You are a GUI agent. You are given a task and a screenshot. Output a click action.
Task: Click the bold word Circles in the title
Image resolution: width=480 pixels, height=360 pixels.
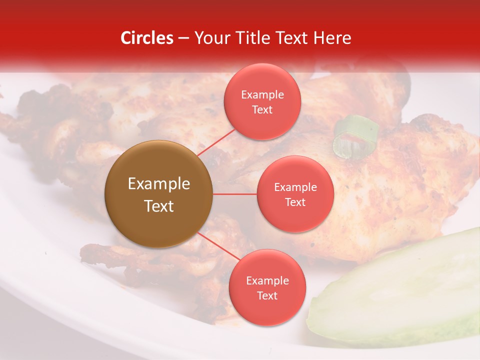pos(147,38)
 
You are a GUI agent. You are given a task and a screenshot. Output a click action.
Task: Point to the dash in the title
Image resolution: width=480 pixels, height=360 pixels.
pos(183,38)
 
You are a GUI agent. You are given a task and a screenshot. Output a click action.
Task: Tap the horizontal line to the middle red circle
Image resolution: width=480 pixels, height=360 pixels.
pos(234,194)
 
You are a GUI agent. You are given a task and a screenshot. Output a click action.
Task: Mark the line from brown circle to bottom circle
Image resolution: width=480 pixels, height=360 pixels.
pos(219,248)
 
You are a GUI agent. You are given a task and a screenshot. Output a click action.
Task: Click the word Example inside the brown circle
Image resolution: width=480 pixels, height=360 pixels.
pos(159,184)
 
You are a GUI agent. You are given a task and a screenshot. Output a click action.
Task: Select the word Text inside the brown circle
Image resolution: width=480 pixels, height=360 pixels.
pos(159,206)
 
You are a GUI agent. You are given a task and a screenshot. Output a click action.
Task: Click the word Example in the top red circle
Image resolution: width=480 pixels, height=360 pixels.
pos(262,94)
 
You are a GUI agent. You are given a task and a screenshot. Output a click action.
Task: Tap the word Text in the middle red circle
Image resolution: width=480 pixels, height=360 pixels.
pos(295,202)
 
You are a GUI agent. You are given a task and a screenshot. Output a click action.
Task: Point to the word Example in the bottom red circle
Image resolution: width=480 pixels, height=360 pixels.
pos(267,280)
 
